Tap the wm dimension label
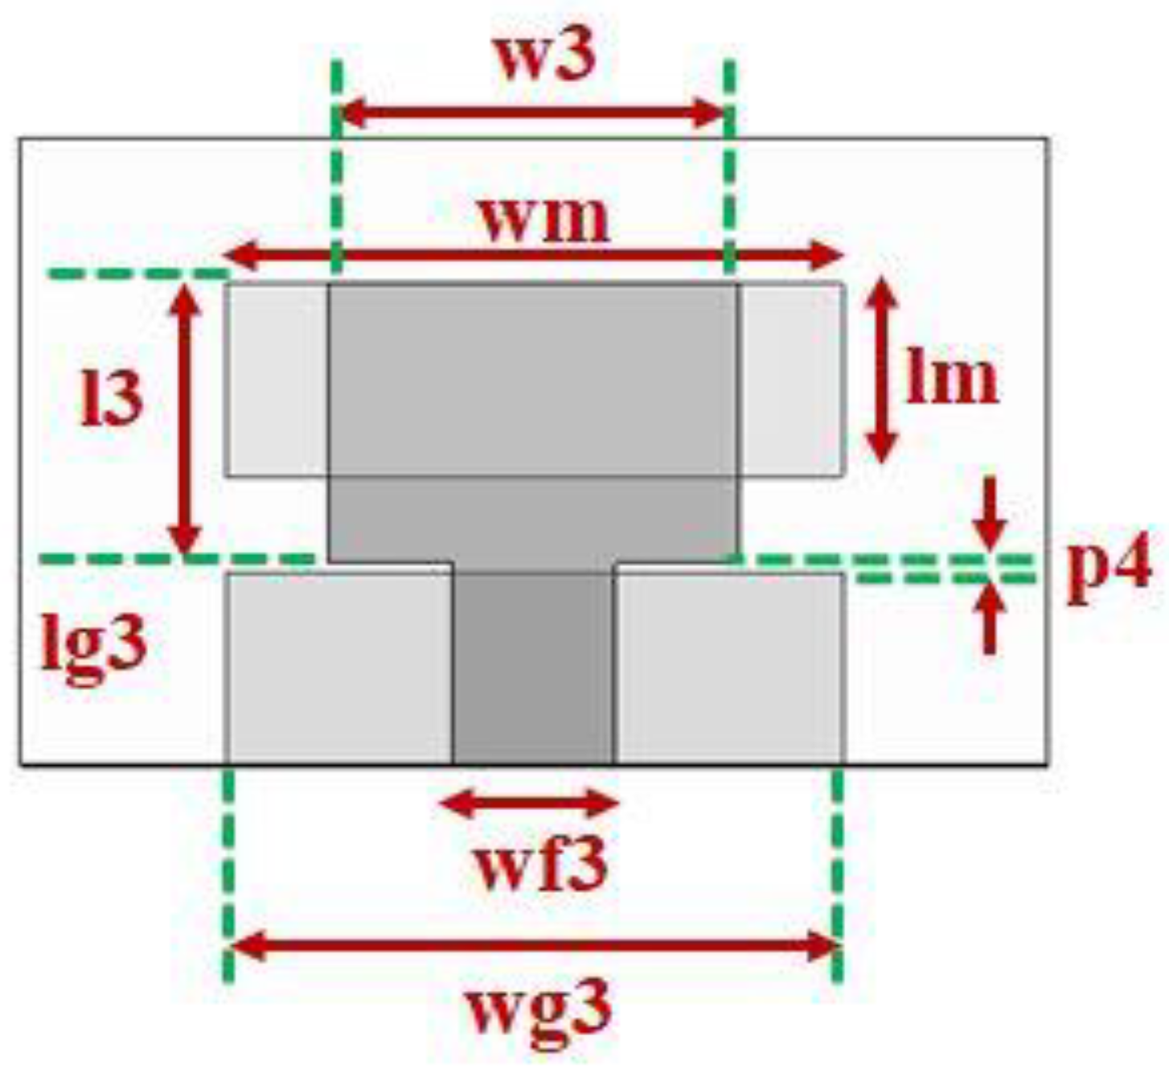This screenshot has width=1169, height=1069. pyautogui.click(x=544, y=219)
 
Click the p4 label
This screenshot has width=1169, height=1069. pyautogui.click(x=1110, y=566)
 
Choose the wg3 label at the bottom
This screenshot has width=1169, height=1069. pyautogui.click(x=539, y=1009)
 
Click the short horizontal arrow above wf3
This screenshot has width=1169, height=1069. pyautogui.click(x=531, y=803)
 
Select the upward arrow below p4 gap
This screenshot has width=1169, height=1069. pyautogui.click(x=990, y=619)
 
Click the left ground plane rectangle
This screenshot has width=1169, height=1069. pyautogui.click(x=338, y=668)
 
